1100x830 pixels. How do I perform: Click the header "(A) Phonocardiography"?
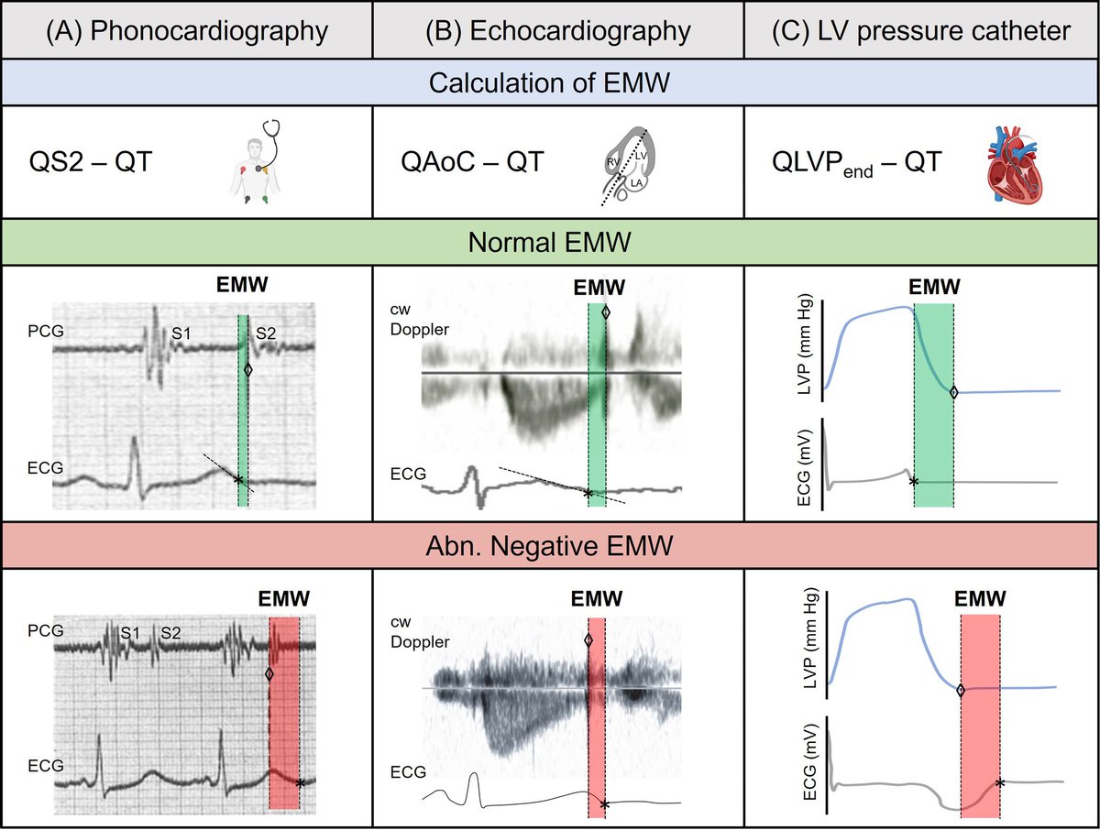coord(187,31)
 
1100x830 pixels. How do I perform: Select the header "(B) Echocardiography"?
coord(556,31)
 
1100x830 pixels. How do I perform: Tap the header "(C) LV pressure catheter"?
coord(920,31)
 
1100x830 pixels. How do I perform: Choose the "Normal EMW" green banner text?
coord(549,244)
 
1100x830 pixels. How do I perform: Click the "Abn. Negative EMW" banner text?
coord(549,547)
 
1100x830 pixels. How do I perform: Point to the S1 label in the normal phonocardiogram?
coord(181,335)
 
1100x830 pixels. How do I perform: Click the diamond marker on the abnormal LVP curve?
coord(960,691)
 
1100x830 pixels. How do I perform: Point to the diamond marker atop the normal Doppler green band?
coord(604,313)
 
